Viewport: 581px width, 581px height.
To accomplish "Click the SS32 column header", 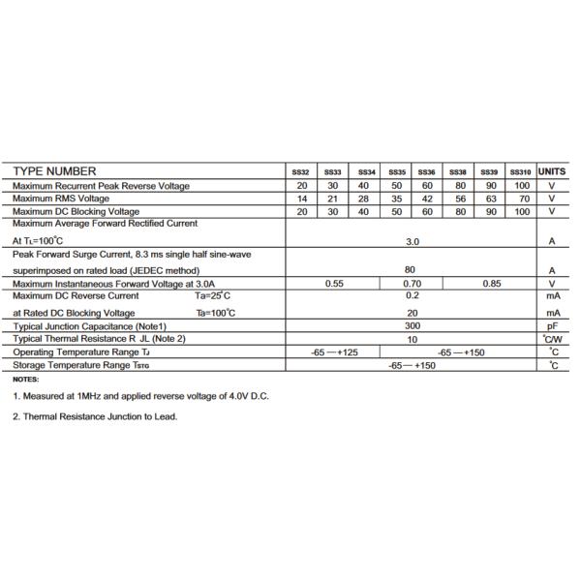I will pos(300,172).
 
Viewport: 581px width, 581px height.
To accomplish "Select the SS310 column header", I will pos(521,172).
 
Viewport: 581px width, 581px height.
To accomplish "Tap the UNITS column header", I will pos(552,171).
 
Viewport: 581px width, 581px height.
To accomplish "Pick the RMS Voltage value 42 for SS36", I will pos(426,199).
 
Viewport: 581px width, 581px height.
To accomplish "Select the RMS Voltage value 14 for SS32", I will pos(301,199).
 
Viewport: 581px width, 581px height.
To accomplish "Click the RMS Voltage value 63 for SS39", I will pos(490,199).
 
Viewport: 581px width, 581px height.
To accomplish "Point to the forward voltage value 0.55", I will pos(334,284).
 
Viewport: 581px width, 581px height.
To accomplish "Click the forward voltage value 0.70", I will pos(412,284).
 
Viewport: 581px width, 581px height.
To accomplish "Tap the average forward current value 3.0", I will pos(412,241).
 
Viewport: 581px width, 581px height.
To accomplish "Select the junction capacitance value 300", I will pos(412,326).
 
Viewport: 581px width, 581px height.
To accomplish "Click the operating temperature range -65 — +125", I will pos(334,352).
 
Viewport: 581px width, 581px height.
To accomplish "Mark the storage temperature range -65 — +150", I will pos(412,365).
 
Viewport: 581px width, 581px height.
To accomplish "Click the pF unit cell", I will pos(552,327).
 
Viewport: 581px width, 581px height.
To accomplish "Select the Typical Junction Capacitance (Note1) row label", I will pos(90,326).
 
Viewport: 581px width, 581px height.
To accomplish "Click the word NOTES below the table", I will pos(26,380).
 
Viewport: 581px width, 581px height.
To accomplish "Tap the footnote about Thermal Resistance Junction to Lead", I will pos(95,416).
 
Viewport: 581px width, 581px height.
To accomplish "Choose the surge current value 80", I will pos(412,270).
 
